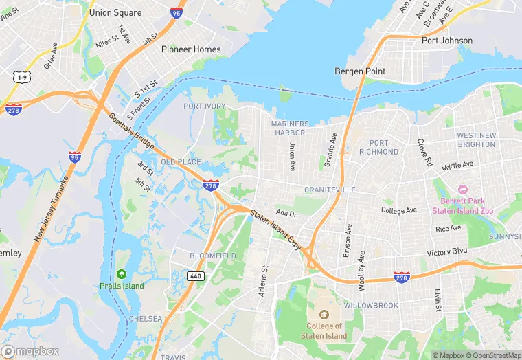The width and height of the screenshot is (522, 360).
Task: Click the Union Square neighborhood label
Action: (x=115, y=12)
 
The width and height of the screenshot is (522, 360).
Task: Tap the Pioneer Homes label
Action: (x=191, y=49)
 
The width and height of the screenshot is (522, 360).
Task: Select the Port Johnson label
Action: (x=446, y=41)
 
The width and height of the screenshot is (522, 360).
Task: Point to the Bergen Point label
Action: (x=359, y=71)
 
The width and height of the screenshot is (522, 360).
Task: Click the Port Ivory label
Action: (x=204, y=106)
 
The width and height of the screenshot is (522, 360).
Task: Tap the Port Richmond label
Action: (x=378, y=147)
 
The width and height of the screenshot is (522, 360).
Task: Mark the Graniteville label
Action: (x=330, y=189)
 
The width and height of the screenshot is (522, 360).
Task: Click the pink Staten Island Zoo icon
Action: (x=462, y=189)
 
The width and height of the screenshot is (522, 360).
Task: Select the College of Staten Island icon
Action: (x=324, y=315)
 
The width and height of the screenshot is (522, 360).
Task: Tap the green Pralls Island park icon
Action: (x=121, y=274)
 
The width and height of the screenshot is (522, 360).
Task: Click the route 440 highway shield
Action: (x=195, y=275)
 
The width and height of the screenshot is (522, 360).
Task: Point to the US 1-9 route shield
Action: (x=23, y=78)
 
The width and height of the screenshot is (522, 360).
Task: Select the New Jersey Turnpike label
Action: (x=52, y=209)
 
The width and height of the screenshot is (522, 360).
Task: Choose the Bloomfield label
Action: (x=212, y=256)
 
